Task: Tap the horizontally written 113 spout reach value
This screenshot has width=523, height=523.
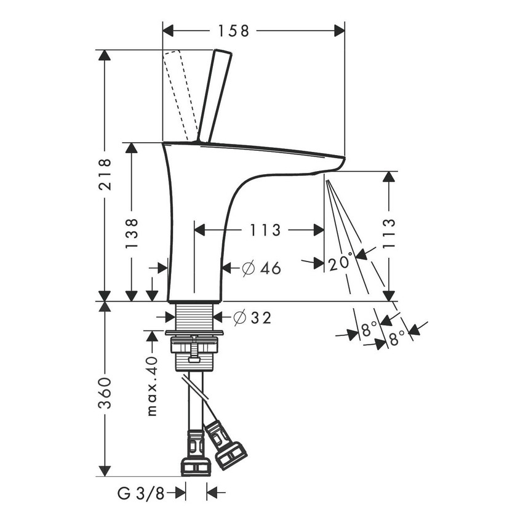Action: [265, 230]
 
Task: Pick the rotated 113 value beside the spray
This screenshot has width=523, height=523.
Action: [389, 232]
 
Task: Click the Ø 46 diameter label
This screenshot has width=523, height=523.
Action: [261, 268]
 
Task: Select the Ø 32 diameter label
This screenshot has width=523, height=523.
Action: [252, 317]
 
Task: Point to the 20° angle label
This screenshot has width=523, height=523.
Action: [341, 263]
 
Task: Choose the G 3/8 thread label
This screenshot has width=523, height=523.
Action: [142, 492]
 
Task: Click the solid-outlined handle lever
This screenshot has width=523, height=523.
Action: [215, 95]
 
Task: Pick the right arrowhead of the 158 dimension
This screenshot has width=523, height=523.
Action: [339, 31]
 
